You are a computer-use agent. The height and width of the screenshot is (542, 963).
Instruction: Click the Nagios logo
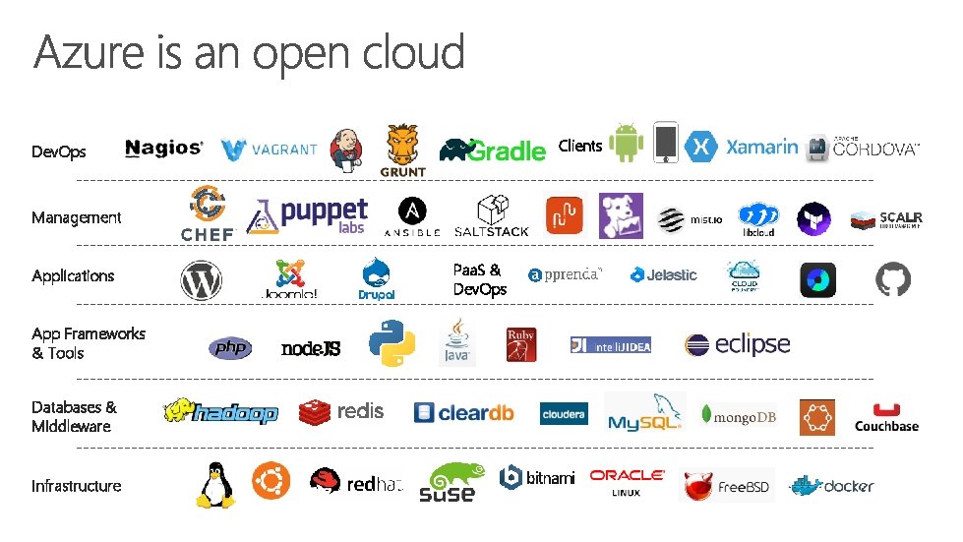click(x=163, y=149)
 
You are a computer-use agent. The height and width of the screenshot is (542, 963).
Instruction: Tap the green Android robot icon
click(x=626, y=143)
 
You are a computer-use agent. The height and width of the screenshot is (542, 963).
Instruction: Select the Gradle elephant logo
click(x=493, y=150)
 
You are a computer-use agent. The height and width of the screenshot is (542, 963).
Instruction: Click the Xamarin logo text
click(x=761, y=147)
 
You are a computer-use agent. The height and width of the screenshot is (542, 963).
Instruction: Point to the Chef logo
click(x=208, y=214)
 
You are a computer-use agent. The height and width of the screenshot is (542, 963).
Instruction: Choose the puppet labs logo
click(x=307, y=215)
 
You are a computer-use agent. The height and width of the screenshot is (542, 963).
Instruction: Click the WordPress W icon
click(x=201, y=281)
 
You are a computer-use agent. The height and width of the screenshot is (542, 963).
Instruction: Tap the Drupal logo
click(x=377, y=278)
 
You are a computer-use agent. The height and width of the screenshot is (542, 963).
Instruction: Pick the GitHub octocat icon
click(x=893, y=280)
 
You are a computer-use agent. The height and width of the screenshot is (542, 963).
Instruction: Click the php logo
click(x=230, y=348)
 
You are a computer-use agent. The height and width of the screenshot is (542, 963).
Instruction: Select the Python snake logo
click(x=391, y=343)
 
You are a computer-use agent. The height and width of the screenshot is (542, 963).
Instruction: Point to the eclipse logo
click(x=738, y=344)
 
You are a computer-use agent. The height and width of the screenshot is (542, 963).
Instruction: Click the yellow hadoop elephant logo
click(x=220, y=411)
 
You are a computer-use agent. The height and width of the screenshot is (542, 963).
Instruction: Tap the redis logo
click(x=341, y=411)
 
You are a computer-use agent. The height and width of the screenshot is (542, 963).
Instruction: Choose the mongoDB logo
click(x=739, y=417)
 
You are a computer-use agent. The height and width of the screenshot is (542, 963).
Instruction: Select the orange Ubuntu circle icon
click(x=271, y=482)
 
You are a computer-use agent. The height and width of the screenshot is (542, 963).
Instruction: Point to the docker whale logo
click(x=832, y=485)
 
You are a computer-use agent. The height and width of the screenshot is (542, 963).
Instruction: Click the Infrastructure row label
click(x=77, y=486)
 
